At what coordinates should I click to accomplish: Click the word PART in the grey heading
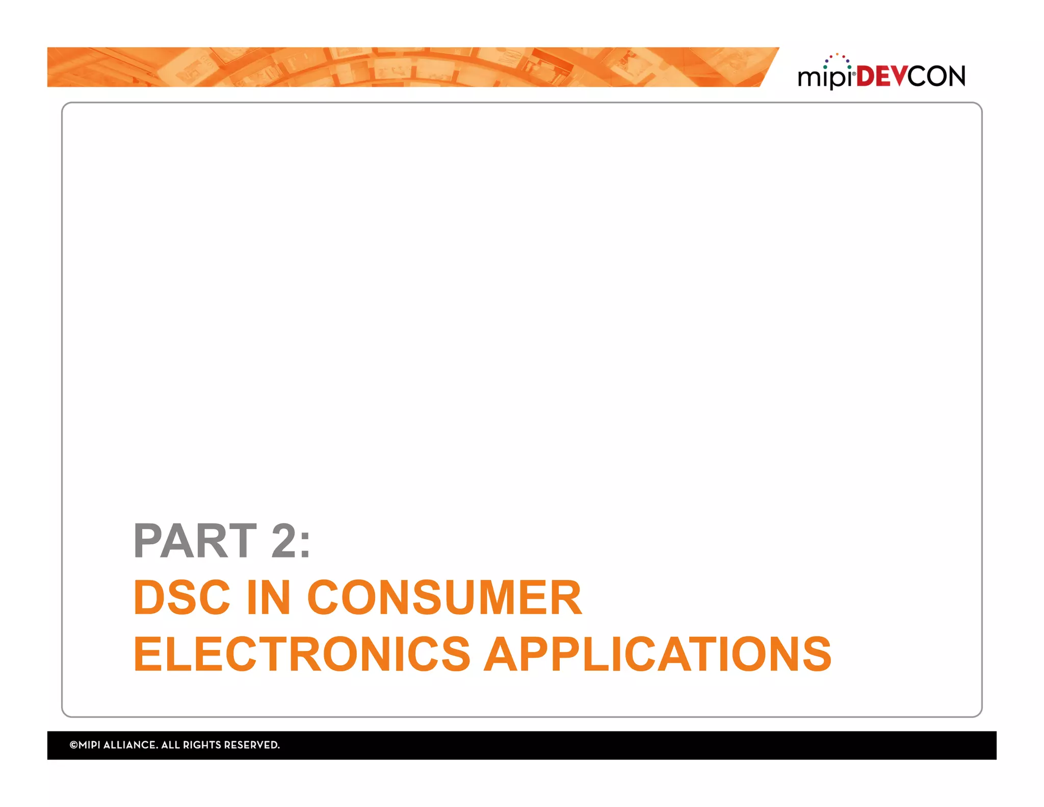[x=195, y=541]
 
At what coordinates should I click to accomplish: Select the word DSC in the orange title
[x=181, y=597]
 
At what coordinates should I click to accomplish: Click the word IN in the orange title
[x=269, y=597]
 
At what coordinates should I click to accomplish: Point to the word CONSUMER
[x=444, y=597]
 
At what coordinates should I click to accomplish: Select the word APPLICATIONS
[x=658, y=654]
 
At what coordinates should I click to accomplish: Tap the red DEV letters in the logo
[x=881, y=77]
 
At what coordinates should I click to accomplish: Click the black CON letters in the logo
[x=936, y=77]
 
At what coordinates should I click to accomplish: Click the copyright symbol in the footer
[x=73, y=745]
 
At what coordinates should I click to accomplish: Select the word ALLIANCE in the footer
[x=130, y=745]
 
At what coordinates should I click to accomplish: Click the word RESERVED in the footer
[x=252, y=745]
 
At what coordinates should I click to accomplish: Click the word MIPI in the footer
[x=89, y=745]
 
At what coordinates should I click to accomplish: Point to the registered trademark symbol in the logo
[x=854, y=74]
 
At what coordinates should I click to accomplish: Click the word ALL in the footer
[x=170, y=745]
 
